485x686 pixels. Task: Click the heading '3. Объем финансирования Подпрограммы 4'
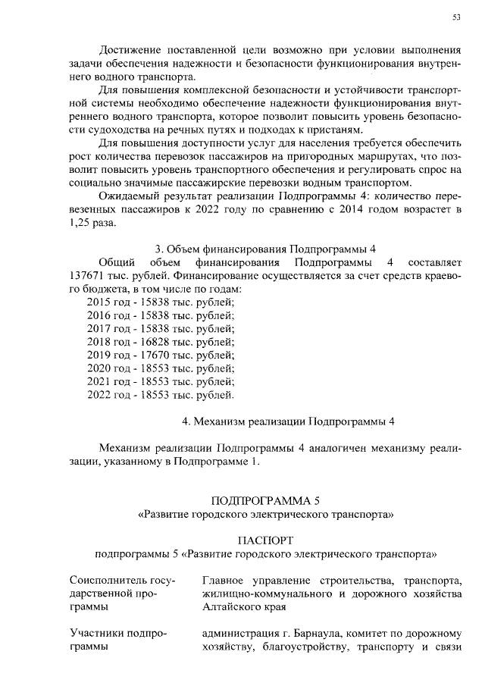(265, 249)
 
